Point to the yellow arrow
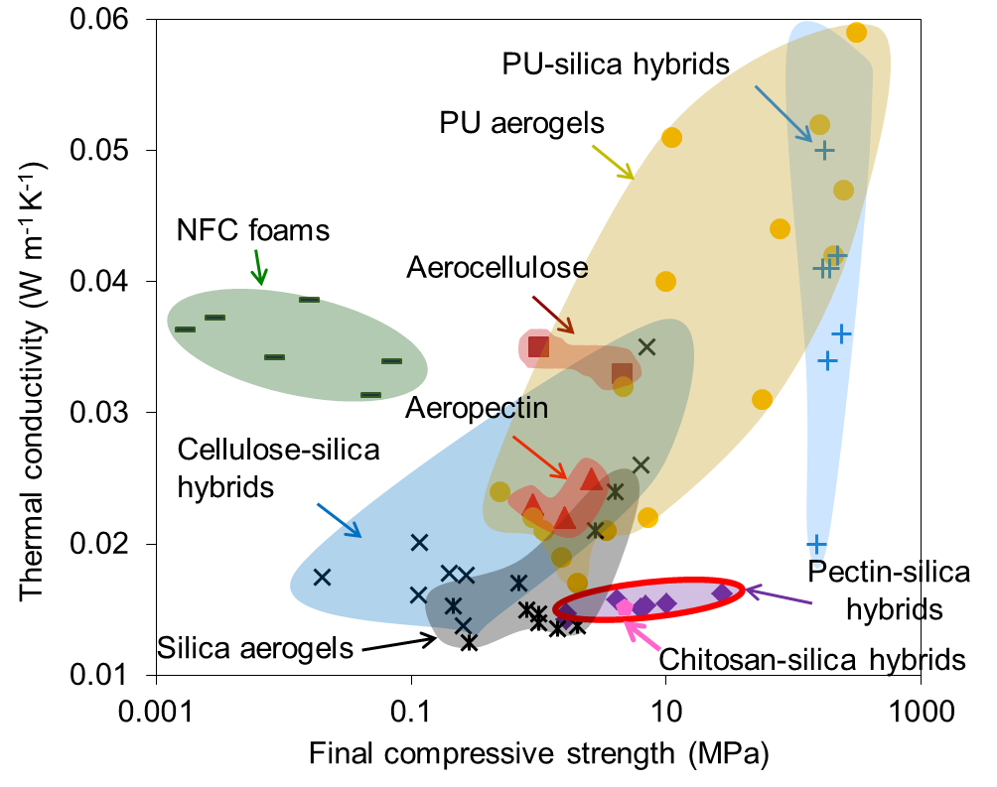coord(613,162)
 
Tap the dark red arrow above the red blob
coord(553,315)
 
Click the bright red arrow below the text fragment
coord(540,458)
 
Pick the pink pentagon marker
coord(625,607)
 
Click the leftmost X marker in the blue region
coord(322,577)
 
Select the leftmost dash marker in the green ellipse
coord(185,328)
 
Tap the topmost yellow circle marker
coord(856,33)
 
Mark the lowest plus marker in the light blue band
coord(816,545)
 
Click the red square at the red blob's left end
coord(538,346)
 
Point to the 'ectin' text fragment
coord(515,408)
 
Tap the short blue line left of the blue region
coord(331,514)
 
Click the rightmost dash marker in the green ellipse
coord(391,360)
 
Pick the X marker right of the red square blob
coord(646,347)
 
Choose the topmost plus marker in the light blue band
coord(824,150)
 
